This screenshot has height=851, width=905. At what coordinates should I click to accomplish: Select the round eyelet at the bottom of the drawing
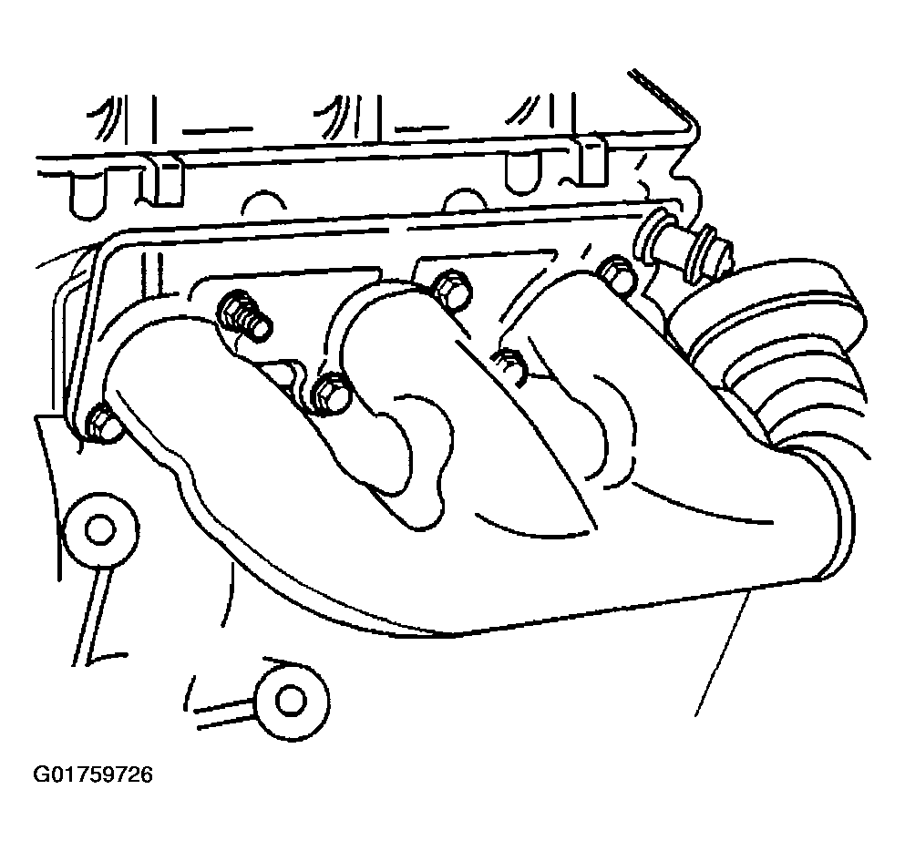point(292,699)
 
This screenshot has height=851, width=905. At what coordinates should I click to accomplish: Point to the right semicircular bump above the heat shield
point(465,198)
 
